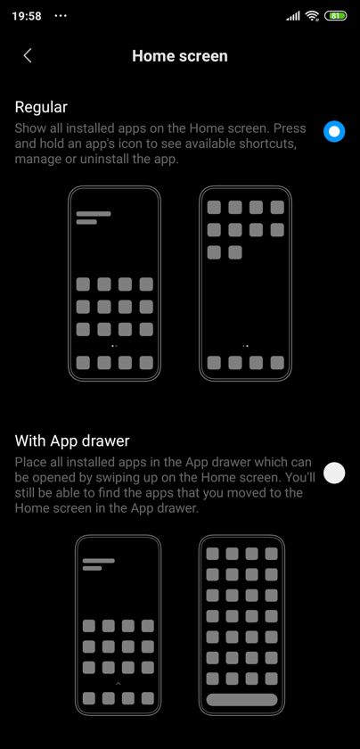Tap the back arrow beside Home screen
28,55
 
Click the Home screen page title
180,56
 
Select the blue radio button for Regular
334,131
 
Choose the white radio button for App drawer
334,473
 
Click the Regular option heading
41,107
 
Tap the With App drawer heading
72,440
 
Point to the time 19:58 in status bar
27,16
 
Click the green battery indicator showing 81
336,16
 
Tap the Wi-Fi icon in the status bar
313,16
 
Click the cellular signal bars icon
293,16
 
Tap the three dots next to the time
61,16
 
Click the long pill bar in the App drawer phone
241,700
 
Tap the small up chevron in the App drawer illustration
118,684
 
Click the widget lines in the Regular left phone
94,218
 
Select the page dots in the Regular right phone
245,345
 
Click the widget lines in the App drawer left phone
98,564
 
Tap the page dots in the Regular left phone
114,345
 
